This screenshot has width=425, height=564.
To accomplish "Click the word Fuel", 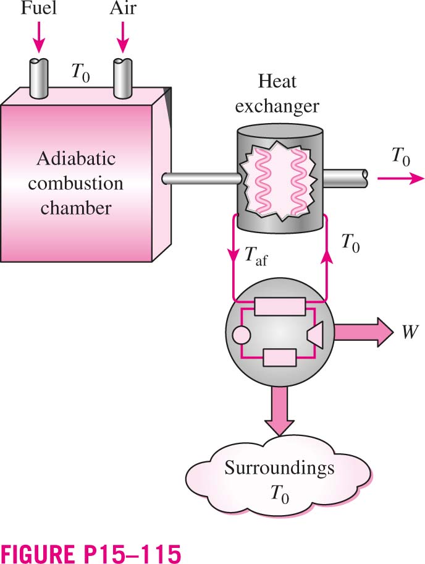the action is click(38, 8).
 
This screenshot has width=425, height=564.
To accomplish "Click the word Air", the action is click(123, 8).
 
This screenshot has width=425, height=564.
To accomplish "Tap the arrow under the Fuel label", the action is click(38, 37).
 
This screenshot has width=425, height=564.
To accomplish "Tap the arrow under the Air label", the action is click(123, 37).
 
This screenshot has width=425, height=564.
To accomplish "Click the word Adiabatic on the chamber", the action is click(76, 158).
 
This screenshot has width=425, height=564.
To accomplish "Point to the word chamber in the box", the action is click(76, 208).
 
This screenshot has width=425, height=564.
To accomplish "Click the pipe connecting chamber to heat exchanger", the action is click(202, 178).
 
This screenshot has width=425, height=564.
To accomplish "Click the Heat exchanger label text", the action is click(277, 93).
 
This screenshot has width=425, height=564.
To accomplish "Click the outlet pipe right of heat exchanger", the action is click(345, 177).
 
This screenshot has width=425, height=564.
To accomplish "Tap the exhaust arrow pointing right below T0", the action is click(401, 178).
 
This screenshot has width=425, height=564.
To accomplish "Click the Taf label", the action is click(255, 256).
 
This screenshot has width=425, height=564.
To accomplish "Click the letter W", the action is click(410, 331).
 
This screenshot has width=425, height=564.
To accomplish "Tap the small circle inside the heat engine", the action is click(241, 335).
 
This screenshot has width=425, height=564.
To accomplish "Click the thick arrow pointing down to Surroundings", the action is click(279, 412).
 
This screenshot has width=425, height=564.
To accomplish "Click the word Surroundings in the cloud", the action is click(279, 468).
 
